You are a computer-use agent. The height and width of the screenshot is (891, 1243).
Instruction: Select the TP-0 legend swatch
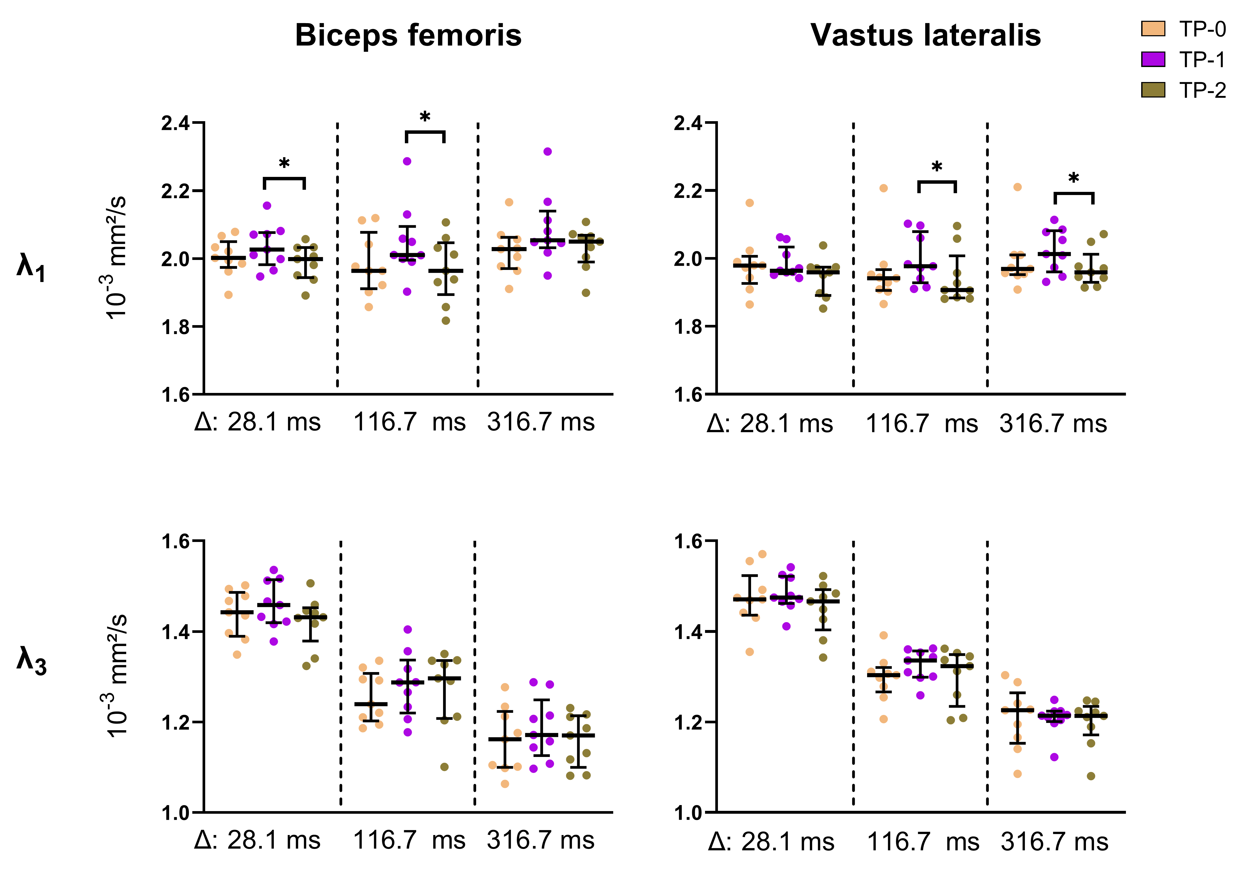tap(1153, 28)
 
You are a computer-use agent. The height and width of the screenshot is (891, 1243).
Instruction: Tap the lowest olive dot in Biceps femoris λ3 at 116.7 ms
tap(445, 767)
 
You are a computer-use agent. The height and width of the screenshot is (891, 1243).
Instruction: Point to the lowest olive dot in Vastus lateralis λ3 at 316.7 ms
tap(1091, 776)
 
